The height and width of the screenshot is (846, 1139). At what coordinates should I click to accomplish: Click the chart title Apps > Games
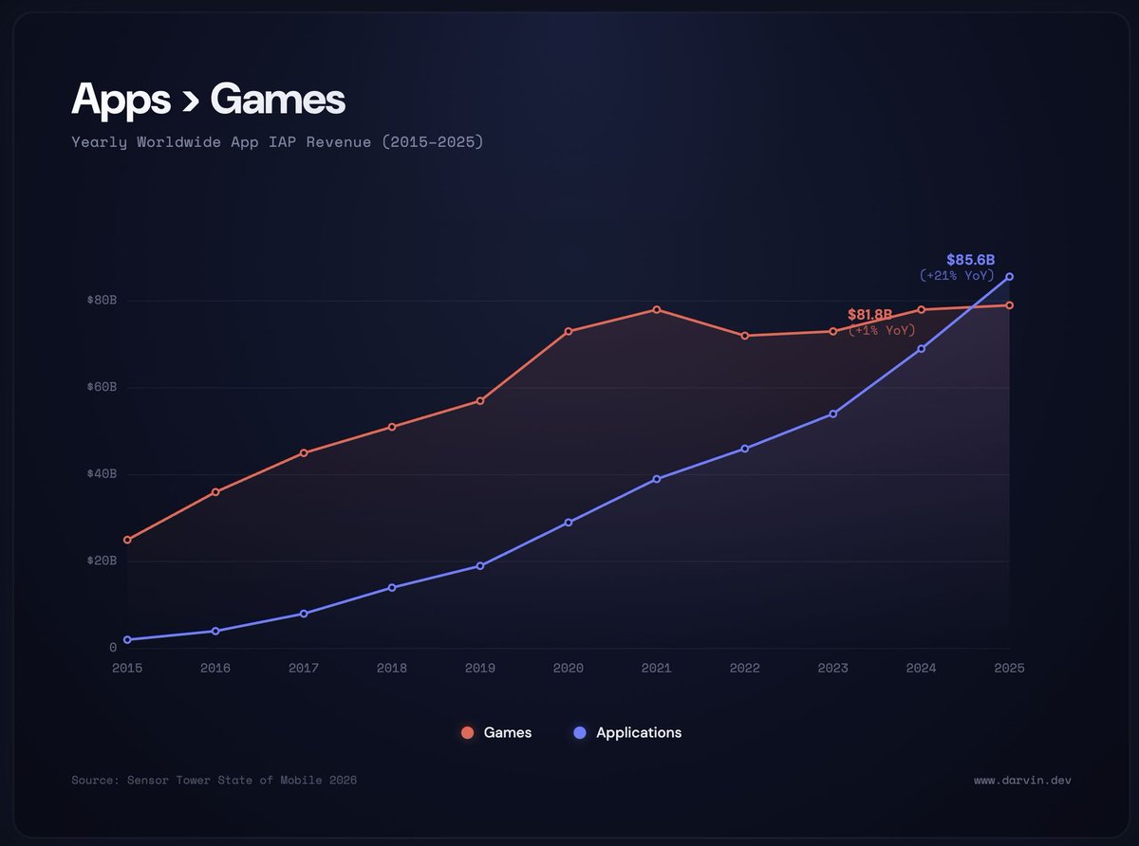[x=208, y=99]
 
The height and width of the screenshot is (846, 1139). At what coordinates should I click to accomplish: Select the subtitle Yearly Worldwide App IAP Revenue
[x=277, y=142]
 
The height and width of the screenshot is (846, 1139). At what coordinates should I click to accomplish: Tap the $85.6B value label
[x=969, y=260]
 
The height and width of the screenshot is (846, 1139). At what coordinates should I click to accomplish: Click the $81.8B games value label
[x=869, y=314]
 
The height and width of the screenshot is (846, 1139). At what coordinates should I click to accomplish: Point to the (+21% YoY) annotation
[x=957, y=276]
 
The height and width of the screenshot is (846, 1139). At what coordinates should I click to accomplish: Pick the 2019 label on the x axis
[x=479, y=668]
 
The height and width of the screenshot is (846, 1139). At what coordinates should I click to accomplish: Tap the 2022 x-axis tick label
[x=744, y=668]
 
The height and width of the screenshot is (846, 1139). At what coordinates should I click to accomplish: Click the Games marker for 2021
[x=657, y=310]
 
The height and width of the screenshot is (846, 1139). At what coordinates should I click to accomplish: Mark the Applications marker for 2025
[x=1009, y=277]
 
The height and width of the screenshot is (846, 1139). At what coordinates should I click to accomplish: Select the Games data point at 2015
[x=127, y=540]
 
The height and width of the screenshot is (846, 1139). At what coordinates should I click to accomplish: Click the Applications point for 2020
[x=569, y=523]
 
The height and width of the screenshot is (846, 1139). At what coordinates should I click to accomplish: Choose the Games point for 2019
[x=480, y=401]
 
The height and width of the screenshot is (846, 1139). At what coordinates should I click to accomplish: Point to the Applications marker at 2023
[x=833, y=414]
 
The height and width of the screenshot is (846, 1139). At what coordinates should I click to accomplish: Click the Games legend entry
[x=495, y=732]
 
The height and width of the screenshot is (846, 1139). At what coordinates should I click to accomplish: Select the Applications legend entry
[x=627, y=732]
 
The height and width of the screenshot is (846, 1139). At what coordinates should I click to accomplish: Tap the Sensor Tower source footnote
[x=214, y=780]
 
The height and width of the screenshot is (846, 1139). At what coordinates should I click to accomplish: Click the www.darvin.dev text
[x=1021, y=780]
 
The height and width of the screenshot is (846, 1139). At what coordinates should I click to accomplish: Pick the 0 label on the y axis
[x=113, y=648]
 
